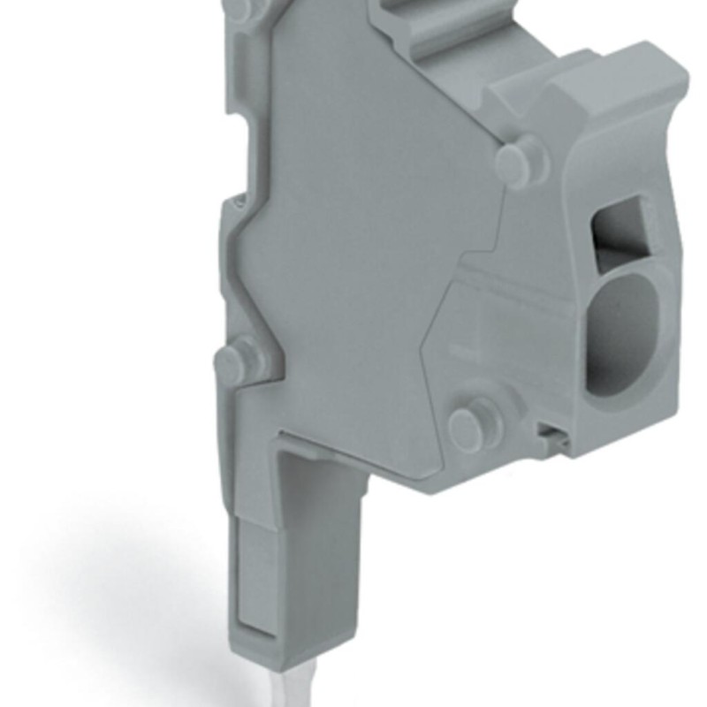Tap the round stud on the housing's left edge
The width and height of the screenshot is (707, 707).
click(x=232, y=361)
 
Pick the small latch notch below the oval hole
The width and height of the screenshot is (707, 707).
click(x=550, y=431)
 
